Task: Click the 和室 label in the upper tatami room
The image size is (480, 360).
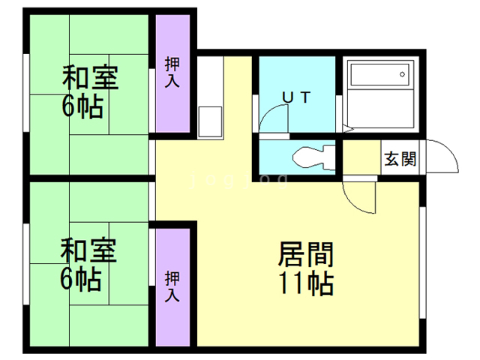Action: click(x=88, y=77)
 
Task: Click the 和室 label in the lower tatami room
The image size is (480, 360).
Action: click(x=88, y=250)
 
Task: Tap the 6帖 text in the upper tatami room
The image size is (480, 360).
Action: click(x=82, y=107)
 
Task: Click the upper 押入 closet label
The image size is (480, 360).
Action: click(x=172, y=72)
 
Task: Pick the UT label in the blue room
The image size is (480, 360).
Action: click(x=296, y=97)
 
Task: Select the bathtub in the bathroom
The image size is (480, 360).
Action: click(x=379, y=76)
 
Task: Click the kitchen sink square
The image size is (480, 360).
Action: click(x=210, y=120)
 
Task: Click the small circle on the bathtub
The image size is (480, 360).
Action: click(x=403, y=74)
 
